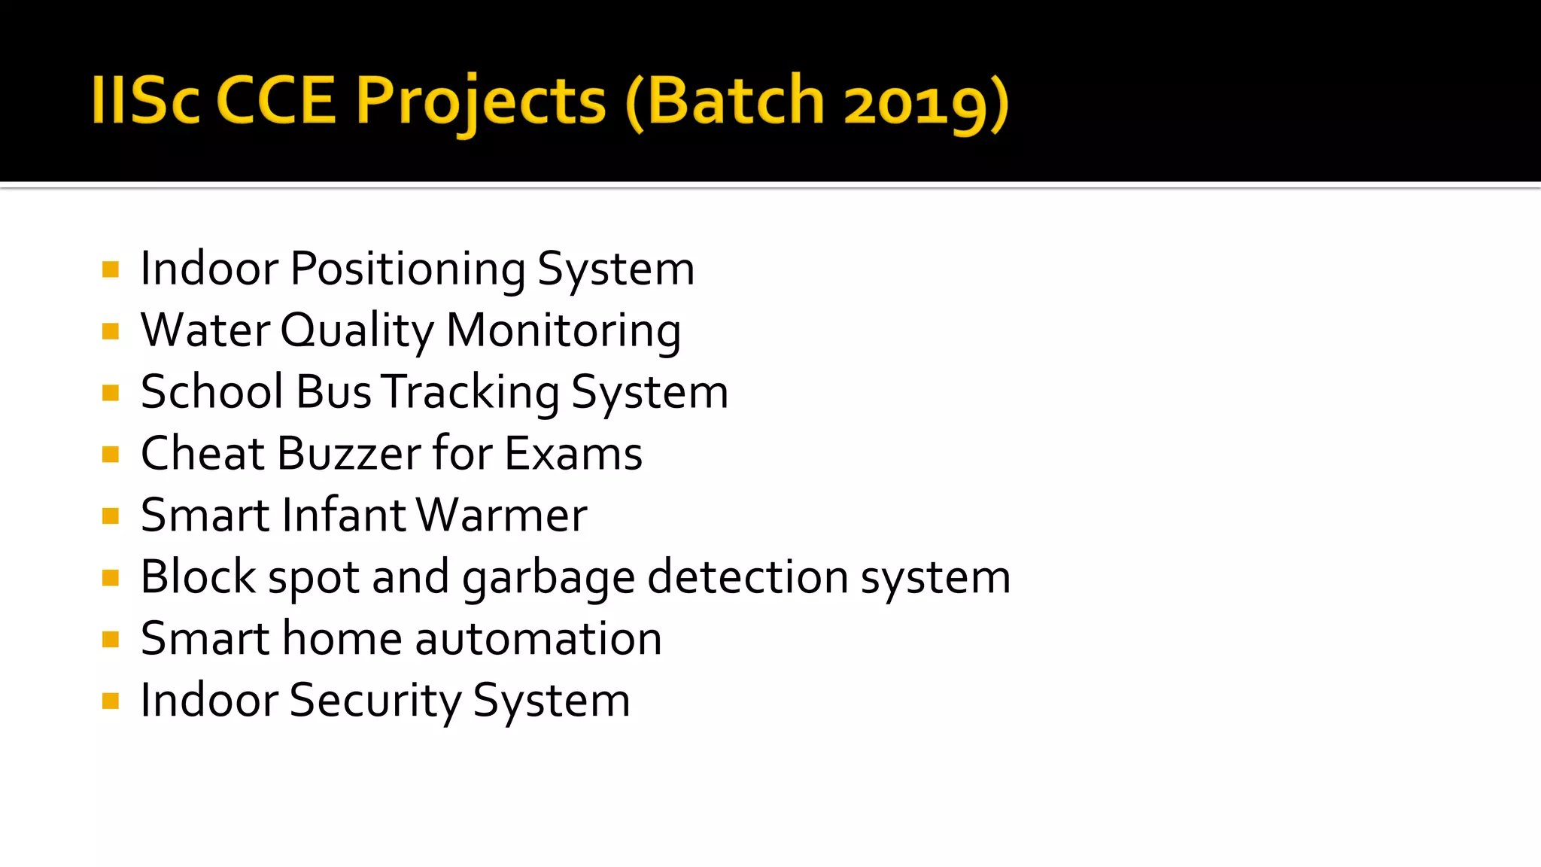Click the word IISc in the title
click(145, 101)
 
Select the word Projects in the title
click(480, 101)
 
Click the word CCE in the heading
click(276, 101)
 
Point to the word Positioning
click(408, 269)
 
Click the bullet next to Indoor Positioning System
click(111, 269)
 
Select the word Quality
click(357, 331)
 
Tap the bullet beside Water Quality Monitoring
click(111, 331)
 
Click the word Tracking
click(470, 393)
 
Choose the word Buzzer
click(349, 454)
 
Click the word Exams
click(573, 454)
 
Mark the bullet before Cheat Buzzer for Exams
click(111, 455)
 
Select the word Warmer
click(501, 516)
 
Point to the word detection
click(748, 577)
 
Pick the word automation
click(538, 639)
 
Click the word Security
click(375, 701)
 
